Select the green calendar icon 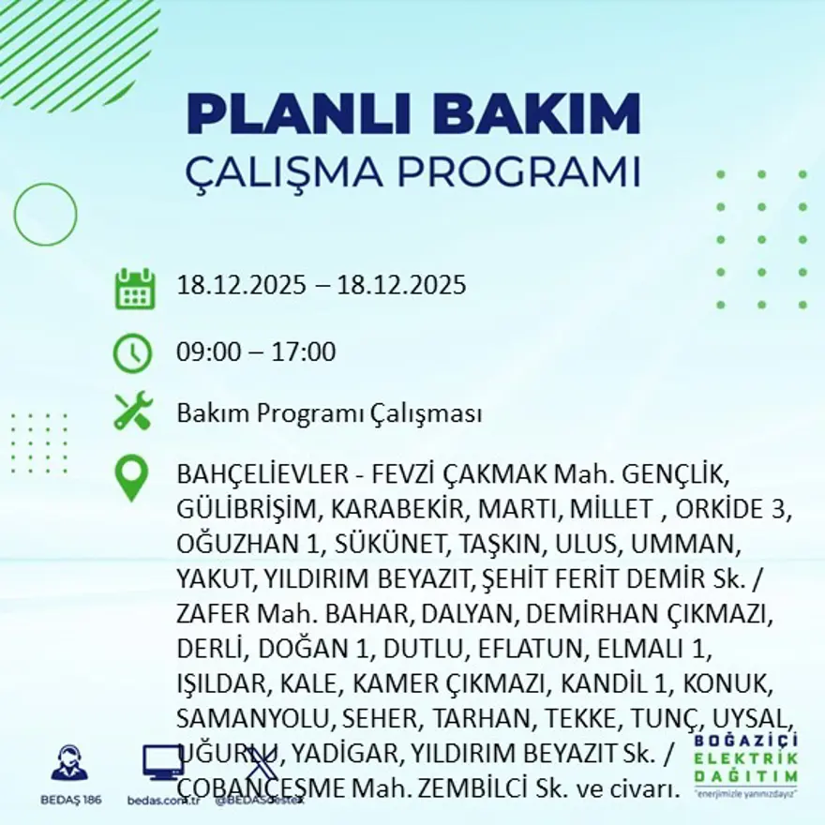pos(134,289)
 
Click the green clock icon pos(132,353)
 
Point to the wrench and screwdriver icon pos(133,412)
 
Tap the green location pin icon pos(131,478)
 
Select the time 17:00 pos(303,353)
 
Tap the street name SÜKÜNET pos(390,544)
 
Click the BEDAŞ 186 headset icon pos(69,764)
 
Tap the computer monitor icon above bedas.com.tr pos(162,763)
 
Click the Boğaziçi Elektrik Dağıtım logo pos(746,763)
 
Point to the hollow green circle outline pos(45,214)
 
